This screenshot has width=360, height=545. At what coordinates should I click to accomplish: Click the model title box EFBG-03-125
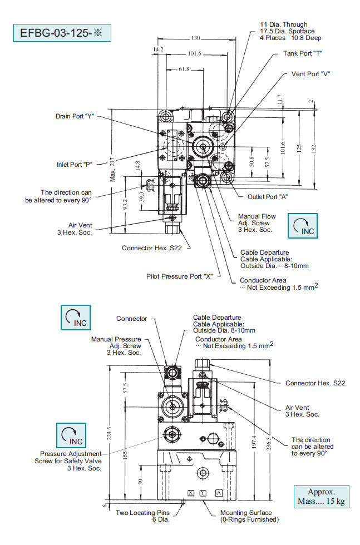coord(62,33)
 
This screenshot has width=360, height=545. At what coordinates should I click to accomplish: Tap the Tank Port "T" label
coord(303,53)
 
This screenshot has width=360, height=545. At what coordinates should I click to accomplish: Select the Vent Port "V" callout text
coord(310,74)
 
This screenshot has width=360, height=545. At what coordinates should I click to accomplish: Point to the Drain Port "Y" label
coord(75,116)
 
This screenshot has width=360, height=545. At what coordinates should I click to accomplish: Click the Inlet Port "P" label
coord(74,165)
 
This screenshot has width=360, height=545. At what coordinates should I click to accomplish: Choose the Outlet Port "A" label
coord(267,197)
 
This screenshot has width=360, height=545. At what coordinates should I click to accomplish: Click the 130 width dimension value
coord(196,38)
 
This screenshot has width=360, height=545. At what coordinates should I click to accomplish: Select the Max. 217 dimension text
coord(112,167)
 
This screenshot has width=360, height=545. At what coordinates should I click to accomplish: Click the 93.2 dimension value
coord(126,205)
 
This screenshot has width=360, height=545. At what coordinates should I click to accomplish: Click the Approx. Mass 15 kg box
coord(322,497)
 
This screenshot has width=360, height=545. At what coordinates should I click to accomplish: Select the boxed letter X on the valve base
coord(190,493)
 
